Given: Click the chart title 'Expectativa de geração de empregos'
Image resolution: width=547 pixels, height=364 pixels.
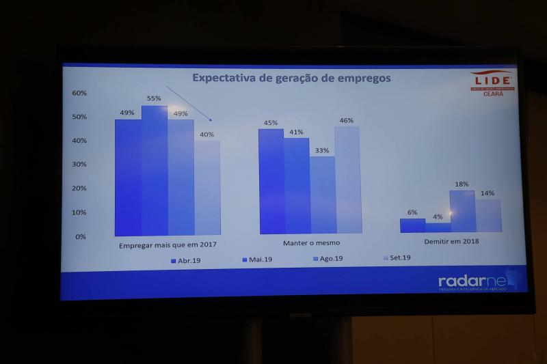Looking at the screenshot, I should coord(291,78).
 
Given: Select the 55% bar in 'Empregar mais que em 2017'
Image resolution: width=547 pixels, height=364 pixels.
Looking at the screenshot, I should coord(155,171).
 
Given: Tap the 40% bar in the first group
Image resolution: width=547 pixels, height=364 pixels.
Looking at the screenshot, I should coord(207,188).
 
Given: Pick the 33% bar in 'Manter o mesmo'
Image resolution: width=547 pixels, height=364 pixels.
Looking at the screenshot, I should coord(323,195).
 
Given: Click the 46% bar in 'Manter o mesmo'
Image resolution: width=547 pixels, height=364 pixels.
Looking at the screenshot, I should coord(347,180).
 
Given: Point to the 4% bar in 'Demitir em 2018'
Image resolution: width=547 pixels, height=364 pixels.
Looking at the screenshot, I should coord(438,227).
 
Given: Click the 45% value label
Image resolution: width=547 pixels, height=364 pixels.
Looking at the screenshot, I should coord(271,123).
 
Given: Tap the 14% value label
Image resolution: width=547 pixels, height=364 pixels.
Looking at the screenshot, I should coord(487,193).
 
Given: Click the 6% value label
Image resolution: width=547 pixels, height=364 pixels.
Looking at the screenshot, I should coord(412,212).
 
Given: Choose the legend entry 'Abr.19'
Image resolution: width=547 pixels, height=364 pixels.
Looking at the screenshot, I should coord(185,260).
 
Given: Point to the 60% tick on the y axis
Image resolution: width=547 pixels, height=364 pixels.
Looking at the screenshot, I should coord(79,93).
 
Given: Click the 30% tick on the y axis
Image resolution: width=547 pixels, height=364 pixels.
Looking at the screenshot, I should coord(79,165).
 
